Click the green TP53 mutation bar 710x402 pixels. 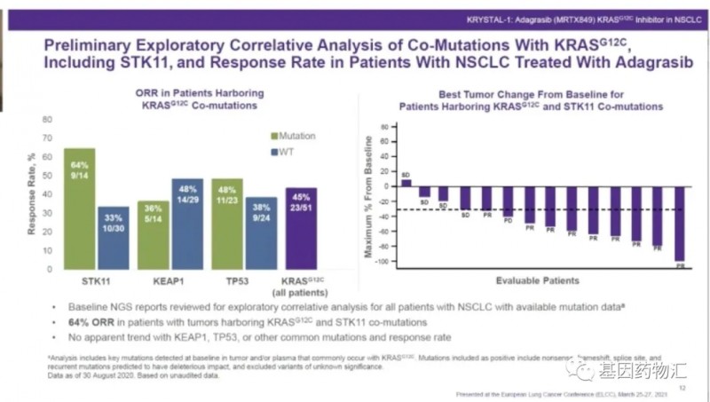tap(227, 222)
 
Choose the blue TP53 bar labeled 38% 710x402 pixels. tap(261, 231)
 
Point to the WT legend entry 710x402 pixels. tap(286, 153)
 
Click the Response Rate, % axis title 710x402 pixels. tap(30, 193)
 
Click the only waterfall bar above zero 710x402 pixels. tap(406, 183)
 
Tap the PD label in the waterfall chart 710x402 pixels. tap(509, 221)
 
